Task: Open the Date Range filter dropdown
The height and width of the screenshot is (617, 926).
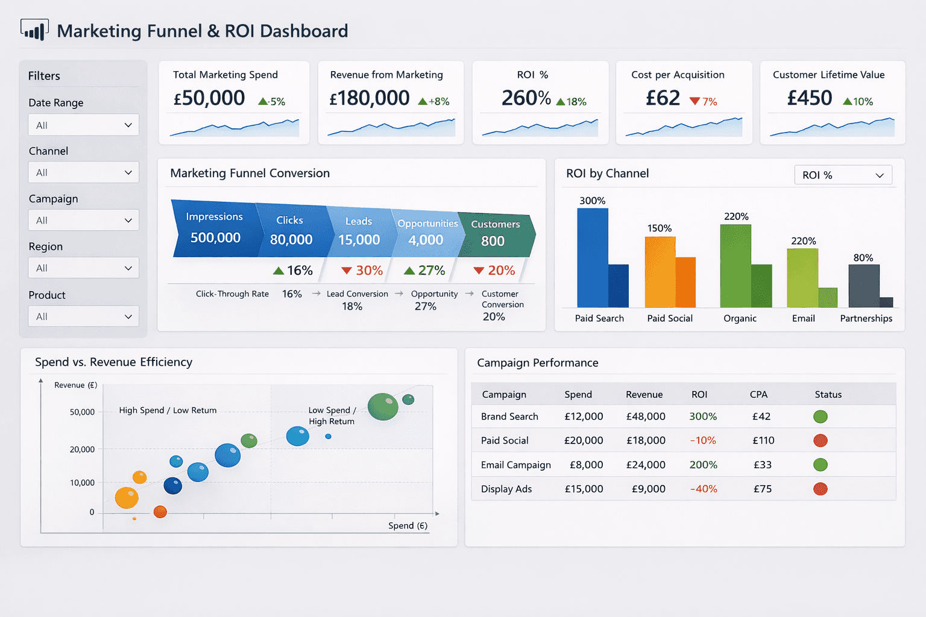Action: (x=83, y=125)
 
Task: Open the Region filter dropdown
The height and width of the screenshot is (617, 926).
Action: (x=83, y=268)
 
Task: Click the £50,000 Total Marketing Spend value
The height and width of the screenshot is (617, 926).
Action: (x=209, y=98)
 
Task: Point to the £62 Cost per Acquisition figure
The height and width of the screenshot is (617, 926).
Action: (x=663, y=98)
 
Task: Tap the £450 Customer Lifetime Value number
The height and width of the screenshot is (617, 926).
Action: (x=810, y=98)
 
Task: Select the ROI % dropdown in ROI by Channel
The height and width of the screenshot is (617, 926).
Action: (x=843, y=175)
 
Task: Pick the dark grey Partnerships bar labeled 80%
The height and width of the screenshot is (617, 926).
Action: (x=863, y=286)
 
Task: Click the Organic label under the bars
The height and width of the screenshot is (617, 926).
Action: (x=740, y=319)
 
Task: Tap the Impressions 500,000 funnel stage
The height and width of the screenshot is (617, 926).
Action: (x=215, y=229)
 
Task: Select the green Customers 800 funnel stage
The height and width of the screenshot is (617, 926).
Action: (x=494, y=234)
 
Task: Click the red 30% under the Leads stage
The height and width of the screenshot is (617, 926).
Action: (x=362, y=271)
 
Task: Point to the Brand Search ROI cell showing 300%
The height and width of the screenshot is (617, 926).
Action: (x=703, y=416)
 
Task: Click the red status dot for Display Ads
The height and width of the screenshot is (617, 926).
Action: (x=820, y=489)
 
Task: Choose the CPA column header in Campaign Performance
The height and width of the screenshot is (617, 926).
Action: (x=758, y=395)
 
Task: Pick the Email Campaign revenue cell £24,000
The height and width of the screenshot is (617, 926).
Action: (x=646, y=465)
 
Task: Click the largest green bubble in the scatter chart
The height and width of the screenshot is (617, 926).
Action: (x=383, y=406)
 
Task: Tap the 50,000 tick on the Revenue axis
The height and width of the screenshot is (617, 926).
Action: (x=83, y=412)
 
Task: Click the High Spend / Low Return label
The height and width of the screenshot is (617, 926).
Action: (x=168, y=410)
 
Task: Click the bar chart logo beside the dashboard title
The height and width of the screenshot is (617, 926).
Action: (x=34, y=30)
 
